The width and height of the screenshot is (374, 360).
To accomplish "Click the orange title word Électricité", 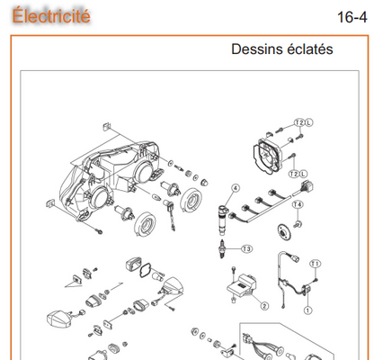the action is click(x=51, y=15).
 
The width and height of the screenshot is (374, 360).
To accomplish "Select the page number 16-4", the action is click(x=352, y=17).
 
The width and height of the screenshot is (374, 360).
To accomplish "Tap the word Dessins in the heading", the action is click(x=254, y=49).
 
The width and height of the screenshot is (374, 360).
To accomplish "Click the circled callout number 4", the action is click(x=236, y=188).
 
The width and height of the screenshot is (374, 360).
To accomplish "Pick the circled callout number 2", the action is click(x=264, y=306).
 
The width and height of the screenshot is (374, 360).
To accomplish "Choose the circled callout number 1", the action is click(x=307, y=310).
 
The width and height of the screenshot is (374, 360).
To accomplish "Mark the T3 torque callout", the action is click(x=246, y=249).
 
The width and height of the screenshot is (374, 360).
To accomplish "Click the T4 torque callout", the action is click(x=298, y=204).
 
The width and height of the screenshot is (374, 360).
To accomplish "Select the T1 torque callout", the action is click(x=315, y=264).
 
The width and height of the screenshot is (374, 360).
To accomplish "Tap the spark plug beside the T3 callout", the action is click(x=222, y=248).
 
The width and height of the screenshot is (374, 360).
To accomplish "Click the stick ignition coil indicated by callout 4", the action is click(x=223, y=220).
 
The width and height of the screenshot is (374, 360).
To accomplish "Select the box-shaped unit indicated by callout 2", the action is click(x=242, y=285).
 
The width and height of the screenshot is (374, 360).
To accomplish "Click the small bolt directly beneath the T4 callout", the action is click(x=298, y=224).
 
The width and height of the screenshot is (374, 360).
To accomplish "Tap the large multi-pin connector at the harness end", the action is click(x=307, y=186).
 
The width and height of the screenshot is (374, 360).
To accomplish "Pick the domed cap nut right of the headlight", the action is click(x=204, y=182).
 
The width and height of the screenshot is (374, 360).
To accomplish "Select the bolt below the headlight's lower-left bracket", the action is click(x=98, y=231).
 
